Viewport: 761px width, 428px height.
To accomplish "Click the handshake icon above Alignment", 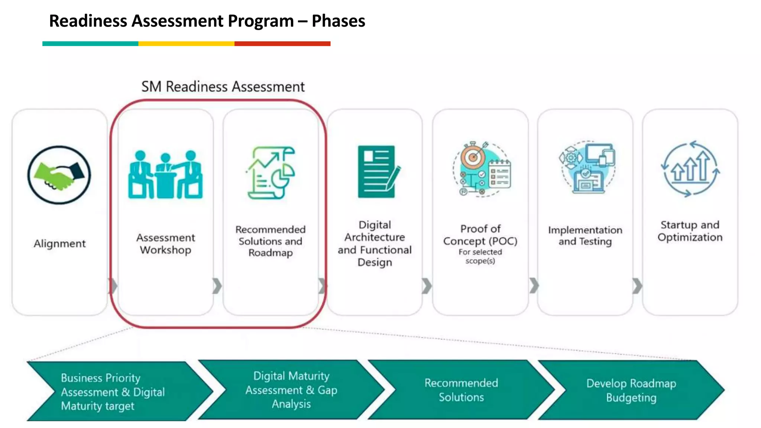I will pyautogui.click(x=59, y=175).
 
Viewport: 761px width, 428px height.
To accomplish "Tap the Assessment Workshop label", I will pyautogui.click(x=165, y=244).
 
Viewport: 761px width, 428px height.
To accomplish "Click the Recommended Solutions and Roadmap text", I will pyautogui.click(x=271, y=241).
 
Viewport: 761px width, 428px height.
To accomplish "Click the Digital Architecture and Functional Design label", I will pyautogui.click(x=375, y=243).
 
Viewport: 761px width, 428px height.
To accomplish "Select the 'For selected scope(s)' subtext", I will pyautogui.click(x=480, y=256).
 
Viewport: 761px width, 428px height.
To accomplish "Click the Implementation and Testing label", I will pyautogui.click(x=585, y=236).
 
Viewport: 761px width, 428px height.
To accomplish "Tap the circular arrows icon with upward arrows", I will pyautogui.click(x=690, y=169).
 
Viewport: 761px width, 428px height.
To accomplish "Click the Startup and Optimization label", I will pyautogui.click(x=690, y=231).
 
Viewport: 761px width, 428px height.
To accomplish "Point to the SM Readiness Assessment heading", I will pyautogui.click(x=223, y=87).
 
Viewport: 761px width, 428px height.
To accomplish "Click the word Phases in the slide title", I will pyautogui.click(x=338, y=21).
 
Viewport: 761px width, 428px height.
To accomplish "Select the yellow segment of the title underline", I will pyautogui.click(x=186, y=44).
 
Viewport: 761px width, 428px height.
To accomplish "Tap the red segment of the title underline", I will pyautogui.click(x=282, y=44).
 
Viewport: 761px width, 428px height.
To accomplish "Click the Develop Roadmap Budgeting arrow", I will pyautogui.click(x=631, y=390).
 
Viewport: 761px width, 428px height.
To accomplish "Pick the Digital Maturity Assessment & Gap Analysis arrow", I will pyautogui.click(x=291, y=390).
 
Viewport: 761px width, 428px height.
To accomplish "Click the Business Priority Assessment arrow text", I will pyautogui.click(x=113, y=392).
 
